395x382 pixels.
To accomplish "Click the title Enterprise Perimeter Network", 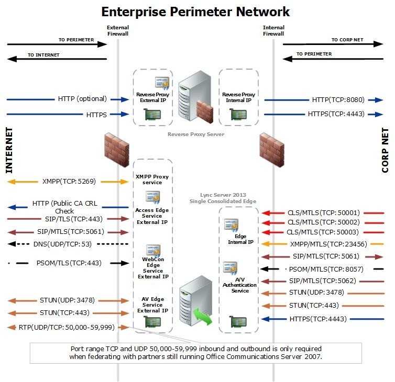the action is (195, 12).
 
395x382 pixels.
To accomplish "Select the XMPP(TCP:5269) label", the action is (69, 181).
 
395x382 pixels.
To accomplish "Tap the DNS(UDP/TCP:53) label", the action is (62, 244).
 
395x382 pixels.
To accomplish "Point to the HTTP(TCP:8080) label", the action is (338, 100).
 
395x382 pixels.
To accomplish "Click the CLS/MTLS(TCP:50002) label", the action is (324, 222).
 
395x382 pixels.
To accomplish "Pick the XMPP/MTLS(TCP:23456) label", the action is (328, 244).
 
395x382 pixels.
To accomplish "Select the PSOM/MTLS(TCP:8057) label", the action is (326, 269).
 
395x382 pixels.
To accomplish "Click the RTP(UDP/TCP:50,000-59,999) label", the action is (67, 327).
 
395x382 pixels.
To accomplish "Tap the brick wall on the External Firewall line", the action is (117, 150).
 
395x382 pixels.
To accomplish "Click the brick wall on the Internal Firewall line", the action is (272, 150).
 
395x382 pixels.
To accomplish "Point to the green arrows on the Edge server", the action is (203, 316).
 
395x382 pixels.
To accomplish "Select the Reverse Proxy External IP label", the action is (152, 97).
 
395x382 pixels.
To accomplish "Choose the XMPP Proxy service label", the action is (152, 179).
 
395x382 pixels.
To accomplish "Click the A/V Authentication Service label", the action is (239, 285).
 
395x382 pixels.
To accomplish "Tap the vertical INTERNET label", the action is (9, 150).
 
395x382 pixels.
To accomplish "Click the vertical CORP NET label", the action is (385, 150).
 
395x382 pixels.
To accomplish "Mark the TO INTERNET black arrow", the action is (57, 59).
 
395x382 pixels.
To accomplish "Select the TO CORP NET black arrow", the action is (333, 44).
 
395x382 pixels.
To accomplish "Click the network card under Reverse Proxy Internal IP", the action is (238, 115).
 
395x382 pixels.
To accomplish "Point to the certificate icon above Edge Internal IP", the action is (231, 224).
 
